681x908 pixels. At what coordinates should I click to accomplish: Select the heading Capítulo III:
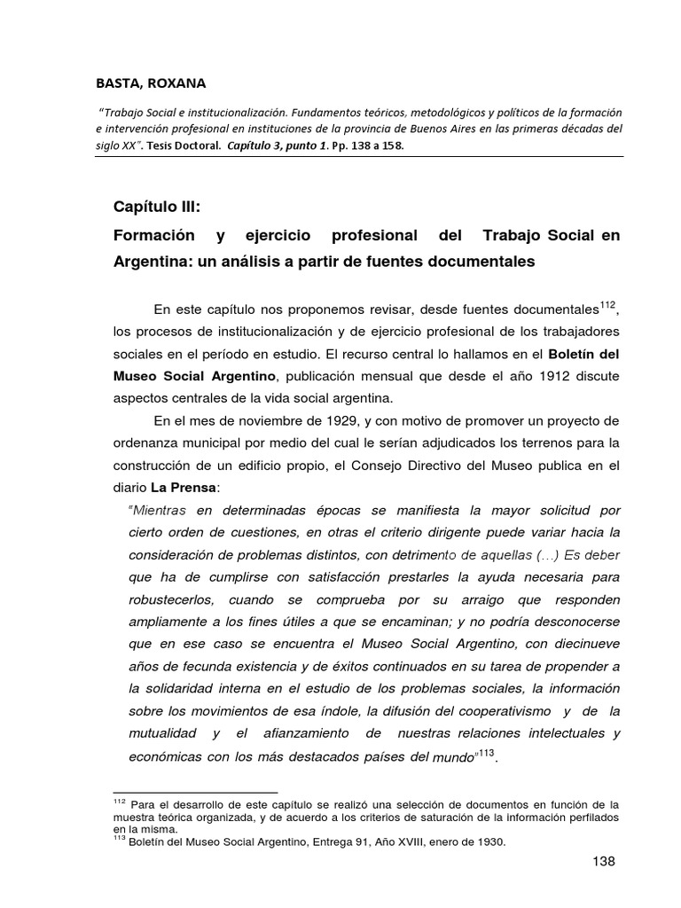[157, 207]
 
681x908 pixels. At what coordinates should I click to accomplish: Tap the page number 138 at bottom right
[603, 861]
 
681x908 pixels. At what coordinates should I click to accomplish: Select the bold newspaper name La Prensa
[181, 487]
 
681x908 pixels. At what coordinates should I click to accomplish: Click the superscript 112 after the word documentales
[607, 305]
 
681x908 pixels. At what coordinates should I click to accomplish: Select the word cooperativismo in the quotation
[501, 710]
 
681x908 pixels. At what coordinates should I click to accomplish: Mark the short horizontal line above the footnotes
[195, 792]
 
